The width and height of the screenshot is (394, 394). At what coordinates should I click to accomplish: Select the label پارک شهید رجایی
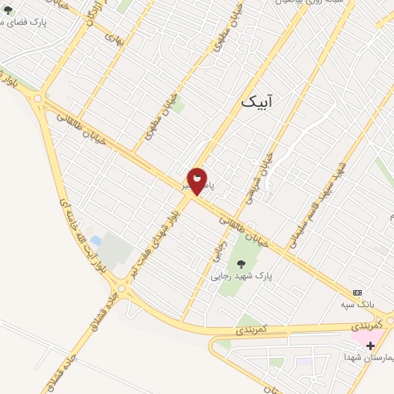click(242, 275)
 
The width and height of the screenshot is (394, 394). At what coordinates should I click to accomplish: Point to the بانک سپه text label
click(358, 304)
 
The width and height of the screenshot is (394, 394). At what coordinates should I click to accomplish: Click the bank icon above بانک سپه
click(357, 292)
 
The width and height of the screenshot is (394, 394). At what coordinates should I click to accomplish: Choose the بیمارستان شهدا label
click(369, 358)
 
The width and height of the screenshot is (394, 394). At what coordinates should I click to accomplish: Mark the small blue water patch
click(95, 242)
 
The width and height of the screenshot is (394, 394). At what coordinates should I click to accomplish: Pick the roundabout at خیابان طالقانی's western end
click(38, 98)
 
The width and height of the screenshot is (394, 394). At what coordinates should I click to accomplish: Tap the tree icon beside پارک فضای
click(8, 11)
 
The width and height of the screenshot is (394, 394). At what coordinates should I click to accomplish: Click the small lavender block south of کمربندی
click(306, 362)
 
